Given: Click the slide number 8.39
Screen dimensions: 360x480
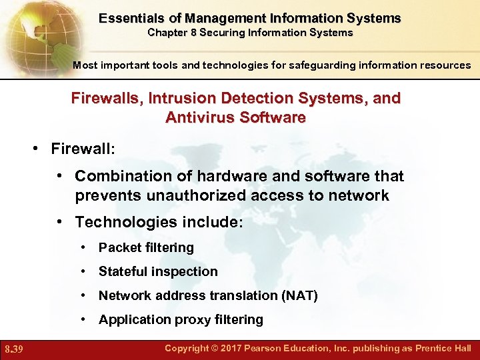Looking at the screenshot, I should pyautogui.click(x=14, y=349).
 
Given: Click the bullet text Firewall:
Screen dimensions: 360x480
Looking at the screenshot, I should pyautogui.click(x=83, y=148).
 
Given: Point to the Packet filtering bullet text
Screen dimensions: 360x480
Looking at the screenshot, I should pyautogui.click(x=146, y=247).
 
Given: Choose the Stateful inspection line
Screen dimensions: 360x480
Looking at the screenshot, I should pyautogui.click(x=158, y=271).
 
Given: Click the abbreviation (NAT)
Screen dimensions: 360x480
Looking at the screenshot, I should pyautogui.click(x=299, y=295).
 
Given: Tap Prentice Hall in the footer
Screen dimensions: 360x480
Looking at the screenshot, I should pyautogui.click(x=443, y=348).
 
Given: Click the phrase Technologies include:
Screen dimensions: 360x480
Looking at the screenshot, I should pyautogui.click(x=159, y=221).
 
